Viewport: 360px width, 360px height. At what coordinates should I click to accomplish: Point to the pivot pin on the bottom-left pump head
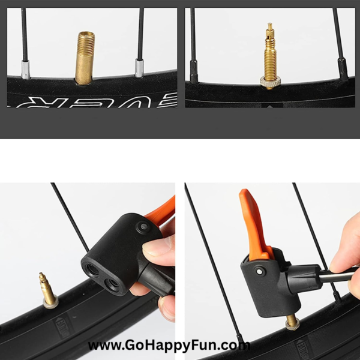pyautogui.click(x=143, y=226)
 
